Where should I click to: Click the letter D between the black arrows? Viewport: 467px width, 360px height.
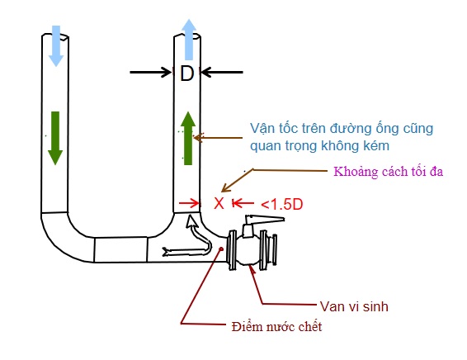tap(187, 73)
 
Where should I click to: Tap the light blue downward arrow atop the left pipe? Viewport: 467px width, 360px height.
tap(56, 45)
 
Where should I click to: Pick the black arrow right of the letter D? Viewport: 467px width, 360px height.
tap(222, 73)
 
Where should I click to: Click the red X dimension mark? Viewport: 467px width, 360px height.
tap(219, 202)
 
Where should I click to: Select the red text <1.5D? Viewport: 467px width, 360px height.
tap(280, 202)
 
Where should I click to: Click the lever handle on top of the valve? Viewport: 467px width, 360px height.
tap(262, 220)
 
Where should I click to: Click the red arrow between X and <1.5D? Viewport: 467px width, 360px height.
tap(241, 202)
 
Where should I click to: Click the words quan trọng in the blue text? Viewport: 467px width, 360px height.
tap(286, 146)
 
